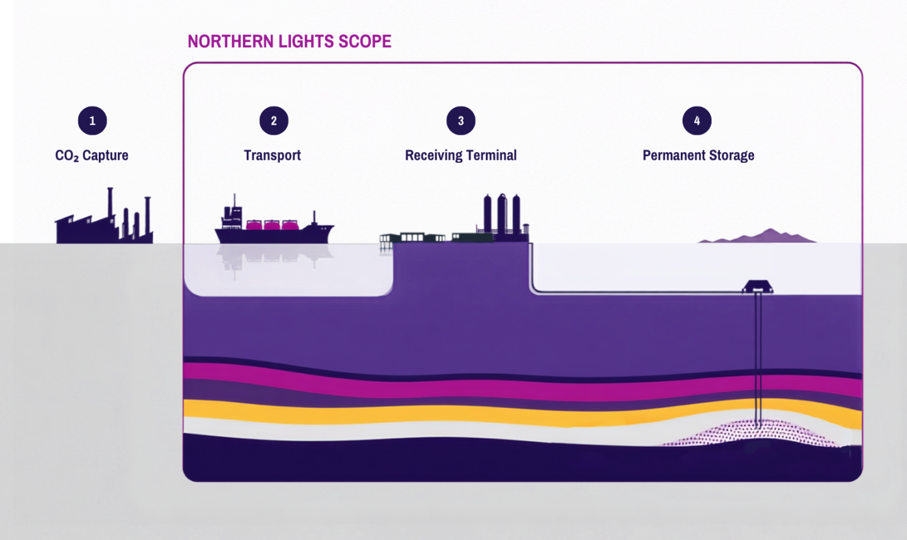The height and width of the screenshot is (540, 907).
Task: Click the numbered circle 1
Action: click(x=93, y=121)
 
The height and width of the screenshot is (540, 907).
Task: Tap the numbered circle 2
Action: click(x=274, y=121)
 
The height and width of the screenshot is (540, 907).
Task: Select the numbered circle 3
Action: click(x=461, y=121)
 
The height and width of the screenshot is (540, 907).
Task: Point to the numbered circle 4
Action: click(x=697, y=121)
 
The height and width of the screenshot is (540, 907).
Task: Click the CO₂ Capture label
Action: click(x=91, y=155)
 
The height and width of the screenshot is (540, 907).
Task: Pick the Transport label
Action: click(x=272, y=155)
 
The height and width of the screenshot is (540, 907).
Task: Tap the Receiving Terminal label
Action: click(x=461, y=155)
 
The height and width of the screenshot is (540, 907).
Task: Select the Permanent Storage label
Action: click(x=699, y=155)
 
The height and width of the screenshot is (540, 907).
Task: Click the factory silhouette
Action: click(x=105, y=216)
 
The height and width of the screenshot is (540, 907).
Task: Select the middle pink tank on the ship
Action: click(x=271, y=225)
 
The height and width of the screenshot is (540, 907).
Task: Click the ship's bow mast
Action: click(x=314, y=218)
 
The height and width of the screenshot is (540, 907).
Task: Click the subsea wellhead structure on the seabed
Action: click(x=758, y=287)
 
